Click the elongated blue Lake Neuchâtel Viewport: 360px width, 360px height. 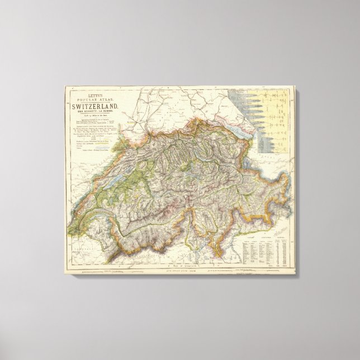[115, 179]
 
